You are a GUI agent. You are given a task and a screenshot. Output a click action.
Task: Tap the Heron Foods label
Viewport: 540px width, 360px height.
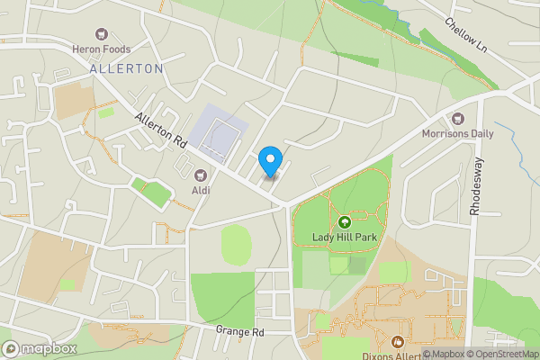point(102,49)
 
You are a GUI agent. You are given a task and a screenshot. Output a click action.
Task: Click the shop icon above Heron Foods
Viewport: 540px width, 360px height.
point(102,32)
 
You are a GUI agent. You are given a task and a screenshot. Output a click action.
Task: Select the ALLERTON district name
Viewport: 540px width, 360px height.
point(127,68)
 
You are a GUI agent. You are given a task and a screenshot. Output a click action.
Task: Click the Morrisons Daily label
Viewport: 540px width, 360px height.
point(458,134)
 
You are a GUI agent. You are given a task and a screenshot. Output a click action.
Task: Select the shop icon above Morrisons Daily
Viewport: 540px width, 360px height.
point(458,118)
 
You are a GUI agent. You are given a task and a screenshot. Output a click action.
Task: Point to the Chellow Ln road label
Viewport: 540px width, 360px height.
point(465,35)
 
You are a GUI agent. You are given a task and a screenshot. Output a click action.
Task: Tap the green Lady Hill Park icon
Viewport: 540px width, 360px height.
point(344,222)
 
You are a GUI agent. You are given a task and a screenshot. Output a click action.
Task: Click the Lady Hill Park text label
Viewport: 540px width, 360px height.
point(344,238)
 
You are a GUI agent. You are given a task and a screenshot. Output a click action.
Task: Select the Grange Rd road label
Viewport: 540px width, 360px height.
point(240,331)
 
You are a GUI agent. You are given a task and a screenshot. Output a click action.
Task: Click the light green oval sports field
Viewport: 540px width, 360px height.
point(236,245)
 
